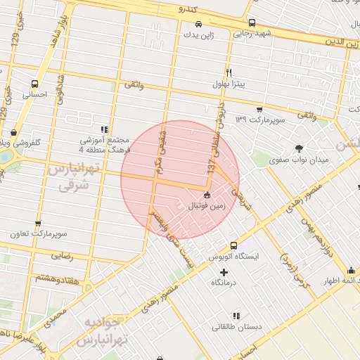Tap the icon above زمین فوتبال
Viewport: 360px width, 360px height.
(x=206, y=195)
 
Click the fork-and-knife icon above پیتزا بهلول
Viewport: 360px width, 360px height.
(x=229, y=73)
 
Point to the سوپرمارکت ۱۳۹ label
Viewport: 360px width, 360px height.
(x=260, y=120)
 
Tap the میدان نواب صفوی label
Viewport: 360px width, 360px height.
(x=300, y=160)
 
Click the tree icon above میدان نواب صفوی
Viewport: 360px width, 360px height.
(x=300, y=148)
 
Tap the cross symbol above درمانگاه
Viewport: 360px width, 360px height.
(x=224, y=272)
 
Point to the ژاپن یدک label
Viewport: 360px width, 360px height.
(x=197, y=34)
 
